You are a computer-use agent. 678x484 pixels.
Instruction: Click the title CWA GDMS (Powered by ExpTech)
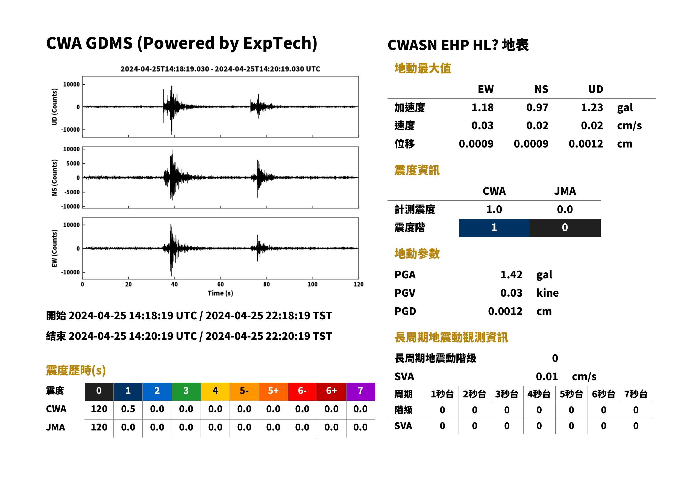coord(181,43)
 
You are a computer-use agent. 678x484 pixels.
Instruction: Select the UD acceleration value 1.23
coord(592,108)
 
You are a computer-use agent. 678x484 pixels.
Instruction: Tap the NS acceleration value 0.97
coord(537,108)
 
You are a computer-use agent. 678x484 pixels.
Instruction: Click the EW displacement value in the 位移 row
coord(476,144)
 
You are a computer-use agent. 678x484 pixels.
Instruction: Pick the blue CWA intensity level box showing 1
coord(494,228)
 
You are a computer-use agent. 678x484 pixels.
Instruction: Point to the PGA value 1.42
coord(511,275)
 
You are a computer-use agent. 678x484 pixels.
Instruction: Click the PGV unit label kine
coord(547,293)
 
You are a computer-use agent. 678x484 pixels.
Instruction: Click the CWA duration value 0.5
coord(128,409)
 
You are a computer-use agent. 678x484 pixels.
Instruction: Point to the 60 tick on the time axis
coord(220,284)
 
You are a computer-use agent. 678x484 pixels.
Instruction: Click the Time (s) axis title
coord(220,293)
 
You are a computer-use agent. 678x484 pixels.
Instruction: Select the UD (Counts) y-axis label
coord(54,107)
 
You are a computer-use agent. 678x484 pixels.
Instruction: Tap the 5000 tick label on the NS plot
coord(73,164)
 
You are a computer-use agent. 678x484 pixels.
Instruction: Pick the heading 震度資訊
coord(417,170)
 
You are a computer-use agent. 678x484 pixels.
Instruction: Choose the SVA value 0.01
coord(547,377)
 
